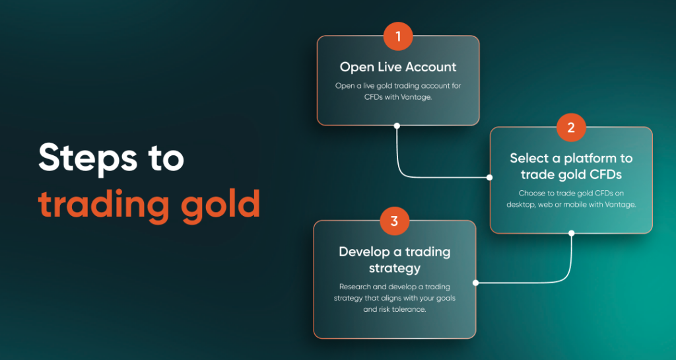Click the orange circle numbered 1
398,36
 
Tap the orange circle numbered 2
571,127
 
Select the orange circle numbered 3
394,221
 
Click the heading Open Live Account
398,67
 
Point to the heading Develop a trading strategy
395,260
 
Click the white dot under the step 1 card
397,126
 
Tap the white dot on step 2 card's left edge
489,177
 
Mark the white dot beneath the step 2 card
571,233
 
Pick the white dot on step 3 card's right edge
475,283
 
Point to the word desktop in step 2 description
521,205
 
